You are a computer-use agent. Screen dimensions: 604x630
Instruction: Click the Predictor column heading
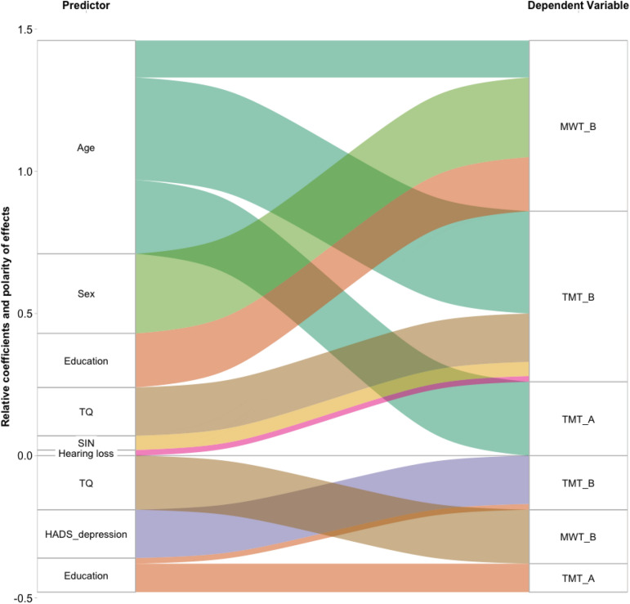click(86, 6)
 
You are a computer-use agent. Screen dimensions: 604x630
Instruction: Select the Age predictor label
click(86, 148)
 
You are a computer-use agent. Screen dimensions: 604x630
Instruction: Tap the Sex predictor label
click(86, 293)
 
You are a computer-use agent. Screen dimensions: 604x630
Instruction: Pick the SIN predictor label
click(86, 442)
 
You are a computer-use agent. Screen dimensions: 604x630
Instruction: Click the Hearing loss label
click(86, 453)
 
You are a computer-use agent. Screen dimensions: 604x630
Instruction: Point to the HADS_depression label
click(86, 534)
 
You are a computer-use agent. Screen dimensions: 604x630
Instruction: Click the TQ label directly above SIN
click(86, 412)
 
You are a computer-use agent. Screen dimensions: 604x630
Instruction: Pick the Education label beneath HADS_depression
click(86, 576)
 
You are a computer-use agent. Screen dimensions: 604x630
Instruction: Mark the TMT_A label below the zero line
click(579, 578)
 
